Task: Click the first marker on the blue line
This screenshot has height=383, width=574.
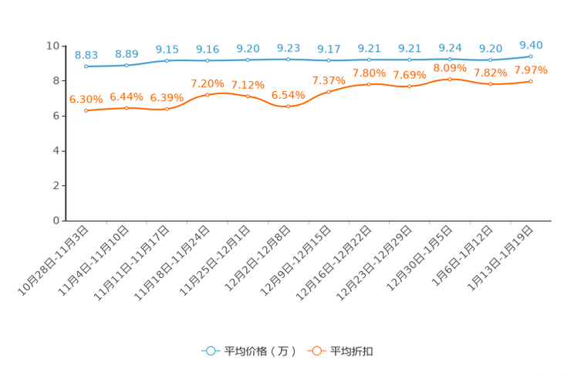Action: click(x=86, y=66)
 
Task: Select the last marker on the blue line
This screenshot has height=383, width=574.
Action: click(x=531, y=56)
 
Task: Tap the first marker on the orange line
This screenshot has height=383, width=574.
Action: click(x=86, y=110)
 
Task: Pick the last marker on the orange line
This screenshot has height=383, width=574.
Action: click(x=531, y=80)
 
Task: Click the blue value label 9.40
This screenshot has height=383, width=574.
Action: click(x=531, y=44)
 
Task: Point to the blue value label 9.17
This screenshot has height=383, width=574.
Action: click(x=329, y=49)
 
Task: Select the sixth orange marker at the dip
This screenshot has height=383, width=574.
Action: click(x=288, y=107)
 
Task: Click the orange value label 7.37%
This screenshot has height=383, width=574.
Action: click(x=329, y=80)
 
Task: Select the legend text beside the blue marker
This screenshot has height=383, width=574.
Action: click(x=259, y=351)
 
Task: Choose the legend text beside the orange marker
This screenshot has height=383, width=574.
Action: click(x=353, y=351)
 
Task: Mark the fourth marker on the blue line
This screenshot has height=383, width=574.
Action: click(x=207, y=60)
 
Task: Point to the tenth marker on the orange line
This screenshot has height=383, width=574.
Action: click(x=450, y=79)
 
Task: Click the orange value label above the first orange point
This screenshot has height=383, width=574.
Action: click(x=86, y=99)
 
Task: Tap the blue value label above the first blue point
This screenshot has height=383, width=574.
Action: click(x=86, y=54)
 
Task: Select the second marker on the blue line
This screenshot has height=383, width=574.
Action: click(x=126, y=65)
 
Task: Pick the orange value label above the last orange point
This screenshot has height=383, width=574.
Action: click(x=531, y=70)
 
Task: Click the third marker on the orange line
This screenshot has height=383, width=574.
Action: click(x=167, y=110)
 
